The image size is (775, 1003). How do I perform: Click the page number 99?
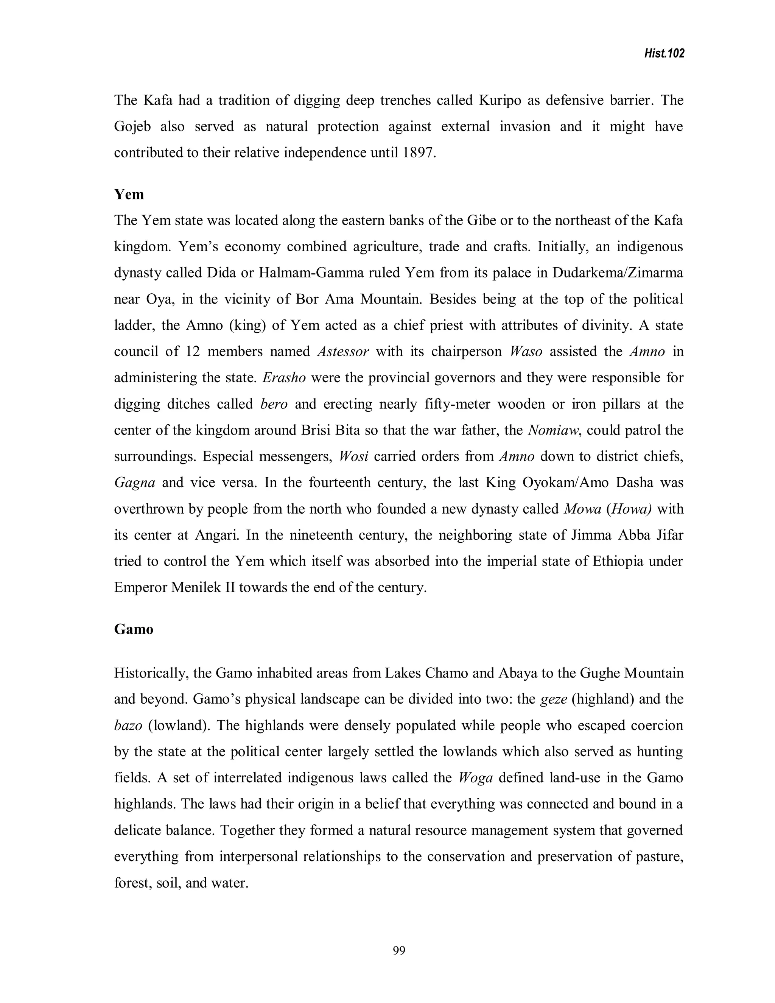click(399, 951)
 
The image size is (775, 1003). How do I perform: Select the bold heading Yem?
click(129, 194)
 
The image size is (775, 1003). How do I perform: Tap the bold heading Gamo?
click(134, 629)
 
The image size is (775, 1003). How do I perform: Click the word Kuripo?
click(500, 100)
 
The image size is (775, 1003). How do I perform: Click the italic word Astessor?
click(343, 352)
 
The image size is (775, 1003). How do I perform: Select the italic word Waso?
click(526, 352)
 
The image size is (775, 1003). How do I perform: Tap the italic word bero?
click(274, 404)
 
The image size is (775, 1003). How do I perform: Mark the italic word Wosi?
click(353, 456)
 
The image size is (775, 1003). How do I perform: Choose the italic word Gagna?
click(134, 483)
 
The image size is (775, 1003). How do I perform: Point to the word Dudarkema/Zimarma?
click(618, 273)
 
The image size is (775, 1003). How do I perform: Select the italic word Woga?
click(476, 778)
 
